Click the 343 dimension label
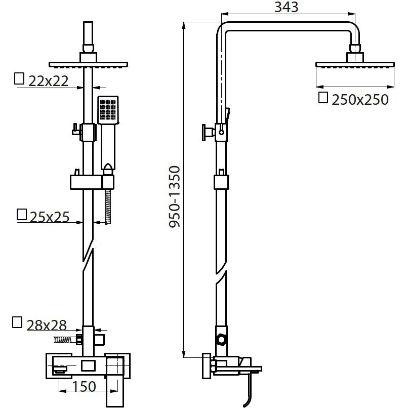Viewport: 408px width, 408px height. pos(286,7)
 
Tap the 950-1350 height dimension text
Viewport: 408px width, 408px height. pos(174,197)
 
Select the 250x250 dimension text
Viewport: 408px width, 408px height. pos(360,100)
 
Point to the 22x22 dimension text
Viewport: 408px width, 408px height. pos(49,81)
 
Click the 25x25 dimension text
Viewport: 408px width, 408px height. pos(50,217)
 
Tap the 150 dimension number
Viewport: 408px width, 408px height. pos(84,386)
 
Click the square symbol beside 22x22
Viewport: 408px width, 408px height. pos(19,79)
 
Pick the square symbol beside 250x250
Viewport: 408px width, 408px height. pos(323,98)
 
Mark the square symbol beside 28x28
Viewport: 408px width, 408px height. pos(17,322)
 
